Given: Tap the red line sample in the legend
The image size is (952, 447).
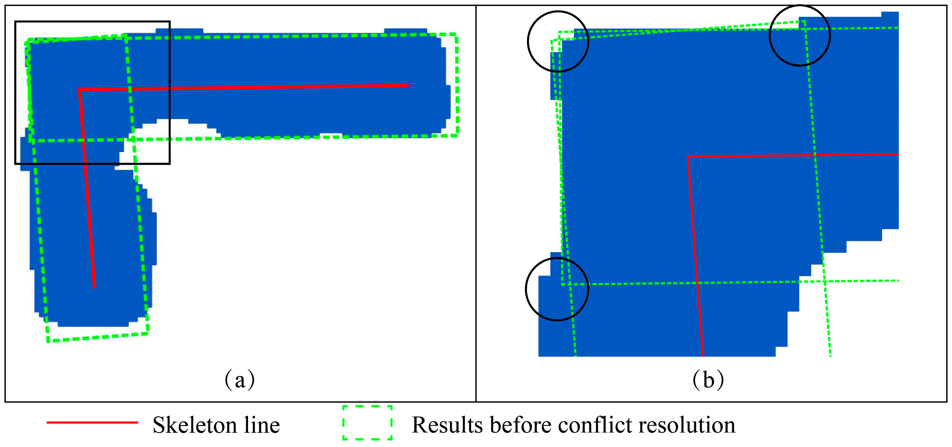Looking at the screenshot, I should click(92, 422).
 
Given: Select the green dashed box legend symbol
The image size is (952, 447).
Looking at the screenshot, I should click(367, 422).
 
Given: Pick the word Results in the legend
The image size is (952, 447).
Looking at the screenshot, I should click(447, 425).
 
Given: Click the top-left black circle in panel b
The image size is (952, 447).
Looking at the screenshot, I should click(558, 41).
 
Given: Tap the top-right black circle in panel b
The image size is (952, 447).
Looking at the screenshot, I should click(800, 36).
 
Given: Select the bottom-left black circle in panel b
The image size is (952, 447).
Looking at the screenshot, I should click(557, 289).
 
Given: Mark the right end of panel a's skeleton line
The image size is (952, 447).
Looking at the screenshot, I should click(408, 85).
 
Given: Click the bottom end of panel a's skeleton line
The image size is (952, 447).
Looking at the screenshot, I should click(95, 287).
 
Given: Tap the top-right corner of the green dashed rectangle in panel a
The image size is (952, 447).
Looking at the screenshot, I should click(457, 34).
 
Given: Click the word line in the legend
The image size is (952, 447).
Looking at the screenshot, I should click(262, 425).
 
